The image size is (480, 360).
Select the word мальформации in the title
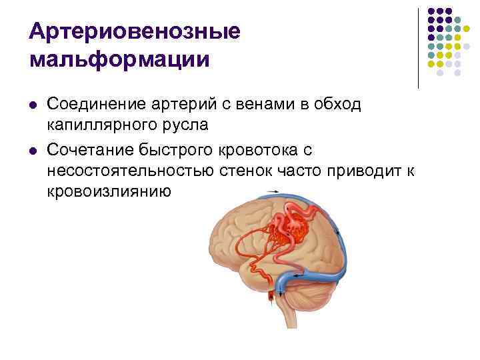point(120,59)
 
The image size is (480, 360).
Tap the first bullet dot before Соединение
point(33,106)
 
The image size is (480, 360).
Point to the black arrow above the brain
point(273,192)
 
